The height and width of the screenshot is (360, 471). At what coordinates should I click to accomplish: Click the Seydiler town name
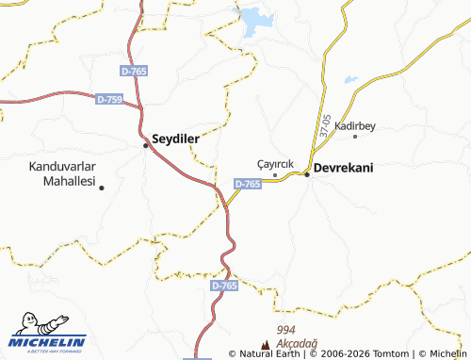(176, 138)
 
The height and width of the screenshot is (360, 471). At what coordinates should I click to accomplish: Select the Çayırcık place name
(276, 163)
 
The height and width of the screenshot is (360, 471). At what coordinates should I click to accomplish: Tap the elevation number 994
(287, 329)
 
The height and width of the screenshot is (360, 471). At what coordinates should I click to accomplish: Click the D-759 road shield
(109, 98)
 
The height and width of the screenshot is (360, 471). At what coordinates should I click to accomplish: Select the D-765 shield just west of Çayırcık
(247, 184)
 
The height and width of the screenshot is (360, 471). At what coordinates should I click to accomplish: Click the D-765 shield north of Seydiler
(135, 71)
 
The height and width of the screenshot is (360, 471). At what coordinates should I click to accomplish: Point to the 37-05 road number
(325, 127)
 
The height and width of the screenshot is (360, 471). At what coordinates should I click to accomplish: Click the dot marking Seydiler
(145, 145)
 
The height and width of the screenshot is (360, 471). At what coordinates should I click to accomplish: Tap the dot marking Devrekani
(307, 174)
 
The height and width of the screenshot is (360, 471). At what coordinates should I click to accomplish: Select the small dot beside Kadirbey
(355, 137)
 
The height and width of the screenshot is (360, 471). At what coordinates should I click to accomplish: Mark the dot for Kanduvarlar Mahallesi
(102, 188)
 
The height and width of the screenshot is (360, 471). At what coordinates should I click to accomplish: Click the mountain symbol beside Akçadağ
(266, 346)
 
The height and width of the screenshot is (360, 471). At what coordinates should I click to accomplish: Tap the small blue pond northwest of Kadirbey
(351, 81)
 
